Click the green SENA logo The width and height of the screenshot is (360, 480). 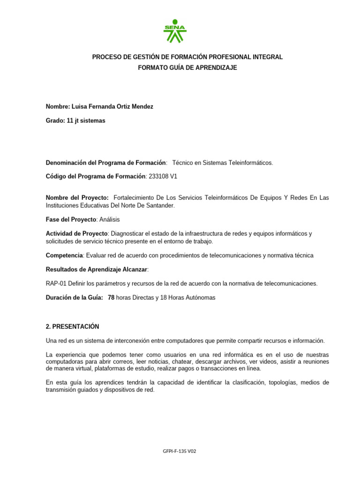click(x=175, y=31)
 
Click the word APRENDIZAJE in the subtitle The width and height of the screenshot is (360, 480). click(x=217, y=68)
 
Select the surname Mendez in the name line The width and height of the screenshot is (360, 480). click(x=142, y=107)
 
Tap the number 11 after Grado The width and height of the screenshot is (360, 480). click(x=70, y=121)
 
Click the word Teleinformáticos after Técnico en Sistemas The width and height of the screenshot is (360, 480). click(x=248, y=163)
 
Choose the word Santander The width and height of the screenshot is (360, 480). click(x=159, y=205)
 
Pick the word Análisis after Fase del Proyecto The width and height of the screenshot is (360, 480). click(x=113, y=219)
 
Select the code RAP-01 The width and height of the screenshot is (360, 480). click(x=55, y=284)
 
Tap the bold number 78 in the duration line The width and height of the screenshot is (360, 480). click(x=111, y=298)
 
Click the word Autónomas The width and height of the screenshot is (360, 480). click(x=199, y=298)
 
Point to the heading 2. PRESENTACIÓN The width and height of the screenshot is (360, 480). click(x=72, y=327)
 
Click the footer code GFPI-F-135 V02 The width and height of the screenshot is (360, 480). click(x=180, y=451)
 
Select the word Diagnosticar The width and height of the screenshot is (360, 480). click(x=127, y=234)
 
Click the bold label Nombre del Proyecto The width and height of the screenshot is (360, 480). click(x=77, y=198)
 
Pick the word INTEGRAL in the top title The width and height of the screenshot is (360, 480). click(x=267, y=57)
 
